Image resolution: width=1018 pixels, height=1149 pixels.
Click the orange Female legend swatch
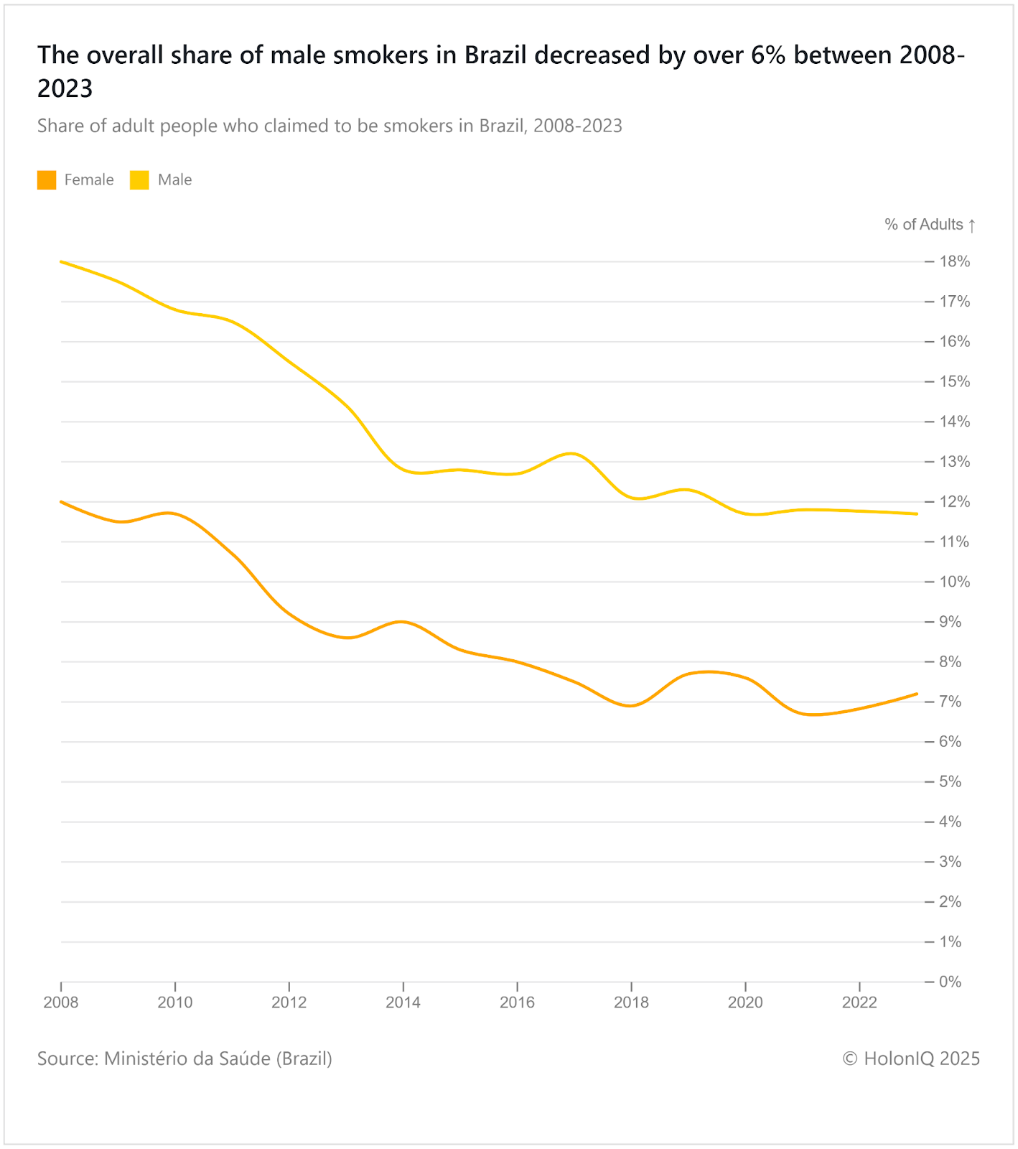point(47,180)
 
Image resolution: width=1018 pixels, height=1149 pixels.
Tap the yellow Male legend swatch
point(139,180)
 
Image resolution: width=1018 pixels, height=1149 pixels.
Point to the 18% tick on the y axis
point(955,261)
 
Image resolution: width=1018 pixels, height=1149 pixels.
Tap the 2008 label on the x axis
point(61,1003)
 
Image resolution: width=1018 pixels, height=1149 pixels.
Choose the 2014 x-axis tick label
point(403,1003)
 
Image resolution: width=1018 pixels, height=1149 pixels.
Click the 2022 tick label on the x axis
point(859,1003)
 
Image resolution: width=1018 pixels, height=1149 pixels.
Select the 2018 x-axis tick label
point(631,1003)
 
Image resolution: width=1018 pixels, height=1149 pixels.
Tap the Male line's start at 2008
point(62,261)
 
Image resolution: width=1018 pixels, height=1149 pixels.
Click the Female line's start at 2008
point(62,501)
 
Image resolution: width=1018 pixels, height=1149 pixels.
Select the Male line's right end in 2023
point(917,513)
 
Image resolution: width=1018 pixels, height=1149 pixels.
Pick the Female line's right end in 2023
point(917,694)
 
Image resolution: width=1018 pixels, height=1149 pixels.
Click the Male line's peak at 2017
point(572,453)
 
